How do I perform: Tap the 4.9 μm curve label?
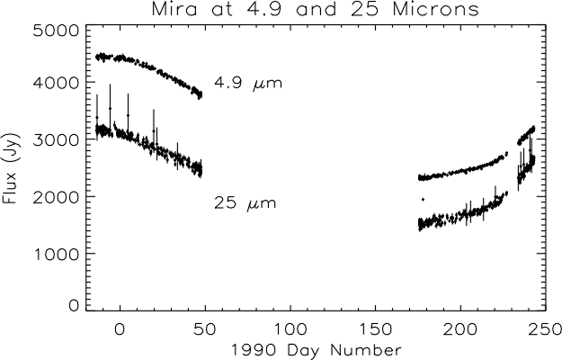(x=247, y=84)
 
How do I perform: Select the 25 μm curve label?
(x=245, y=203)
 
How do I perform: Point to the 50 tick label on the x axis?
(x=205, y=328)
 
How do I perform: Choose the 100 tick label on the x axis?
(x=290, y=328)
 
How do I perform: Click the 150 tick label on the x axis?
(x=376, y=328)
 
